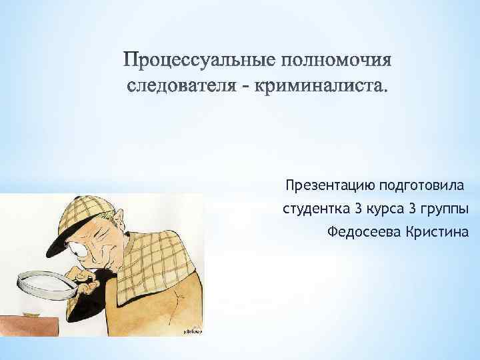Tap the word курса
pyautogui.click(x=384, y=209)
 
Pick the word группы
pyautogui.click(x=445, y=209)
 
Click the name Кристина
pyautogui.click(x=434, y=232)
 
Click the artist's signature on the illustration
pyautogui.click(x=190, y=331)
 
